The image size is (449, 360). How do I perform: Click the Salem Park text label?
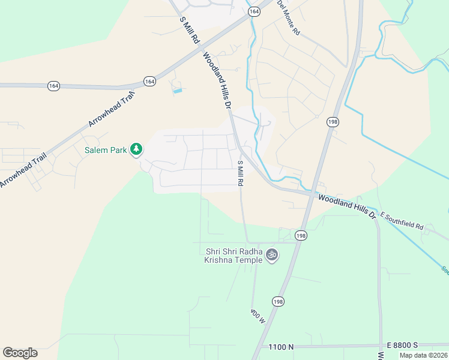[105, 150]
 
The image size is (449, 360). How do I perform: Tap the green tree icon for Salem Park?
[137, 149]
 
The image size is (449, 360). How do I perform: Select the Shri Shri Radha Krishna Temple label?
[234, 256]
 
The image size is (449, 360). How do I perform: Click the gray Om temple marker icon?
[272, 255]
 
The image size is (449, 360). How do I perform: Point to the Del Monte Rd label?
[288, 17]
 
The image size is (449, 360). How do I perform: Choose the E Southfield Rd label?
[402, 221]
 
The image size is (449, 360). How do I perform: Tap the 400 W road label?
[258, 316]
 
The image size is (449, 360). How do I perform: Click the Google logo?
[20, 353]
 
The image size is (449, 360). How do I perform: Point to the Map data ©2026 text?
[424, 355]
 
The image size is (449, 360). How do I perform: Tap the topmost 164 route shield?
[254, 11]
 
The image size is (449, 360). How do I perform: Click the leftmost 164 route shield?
[54, 86]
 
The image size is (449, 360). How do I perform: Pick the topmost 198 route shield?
[333, 122]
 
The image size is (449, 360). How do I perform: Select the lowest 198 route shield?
[277, 301]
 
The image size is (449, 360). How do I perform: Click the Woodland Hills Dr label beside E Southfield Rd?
[346, 206]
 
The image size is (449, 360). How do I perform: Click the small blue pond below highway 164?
[177, 91]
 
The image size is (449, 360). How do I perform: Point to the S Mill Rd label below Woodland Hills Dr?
[240, 173]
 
